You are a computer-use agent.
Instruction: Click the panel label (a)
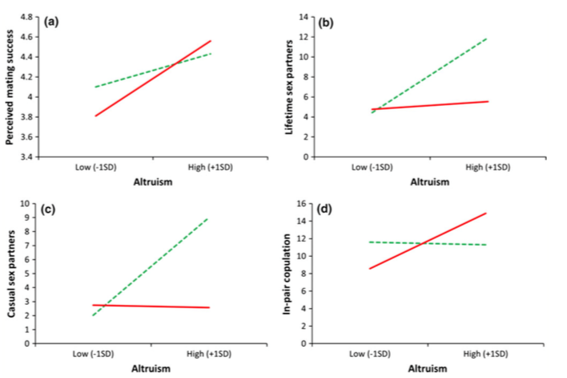coord(48,22)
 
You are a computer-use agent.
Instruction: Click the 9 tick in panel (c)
coord(32,217)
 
